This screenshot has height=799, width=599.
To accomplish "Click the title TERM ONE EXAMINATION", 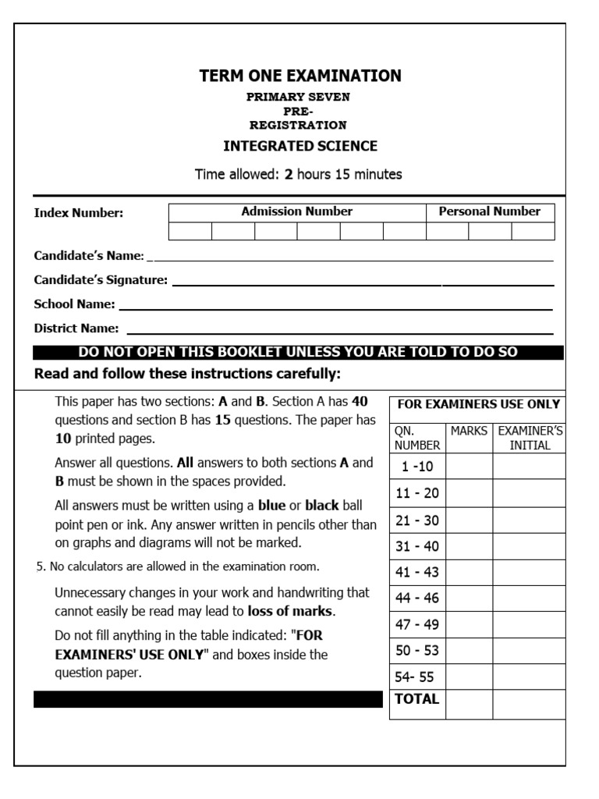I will (x=300, y=76).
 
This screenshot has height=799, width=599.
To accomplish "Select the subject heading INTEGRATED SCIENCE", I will (x=300, y=146).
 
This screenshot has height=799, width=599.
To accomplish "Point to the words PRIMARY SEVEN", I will (x=299, y=97).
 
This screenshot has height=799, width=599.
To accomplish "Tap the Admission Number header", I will (x=296, y=211).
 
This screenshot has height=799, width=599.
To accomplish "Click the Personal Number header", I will (x=489, y=211).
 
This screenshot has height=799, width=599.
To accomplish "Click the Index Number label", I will (x=79, y=214).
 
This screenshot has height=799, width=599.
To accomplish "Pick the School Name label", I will (x=75, y=304).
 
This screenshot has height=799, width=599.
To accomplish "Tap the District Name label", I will (x=76, y=328).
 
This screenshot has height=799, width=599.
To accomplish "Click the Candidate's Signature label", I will (x=101, y=280).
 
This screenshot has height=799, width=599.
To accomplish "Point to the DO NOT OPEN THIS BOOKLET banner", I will (x=298, y=352).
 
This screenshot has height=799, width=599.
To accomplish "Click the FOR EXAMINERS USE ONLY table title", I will (x=478, y=404).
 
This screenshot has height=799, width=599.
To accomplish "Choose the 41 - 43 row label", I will (x=417, y=572).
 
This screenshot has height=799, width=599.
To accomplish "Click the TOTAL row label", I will (x=417, y=699).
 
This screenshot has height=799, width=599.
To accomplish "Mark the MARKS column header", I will (x=469, y=431).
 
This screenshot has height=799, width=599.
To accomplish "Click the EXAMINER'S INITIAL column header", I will (x=530, y=438).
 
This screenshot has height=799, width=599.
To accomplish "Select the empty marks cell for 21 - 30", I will (x=469, y=520).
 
